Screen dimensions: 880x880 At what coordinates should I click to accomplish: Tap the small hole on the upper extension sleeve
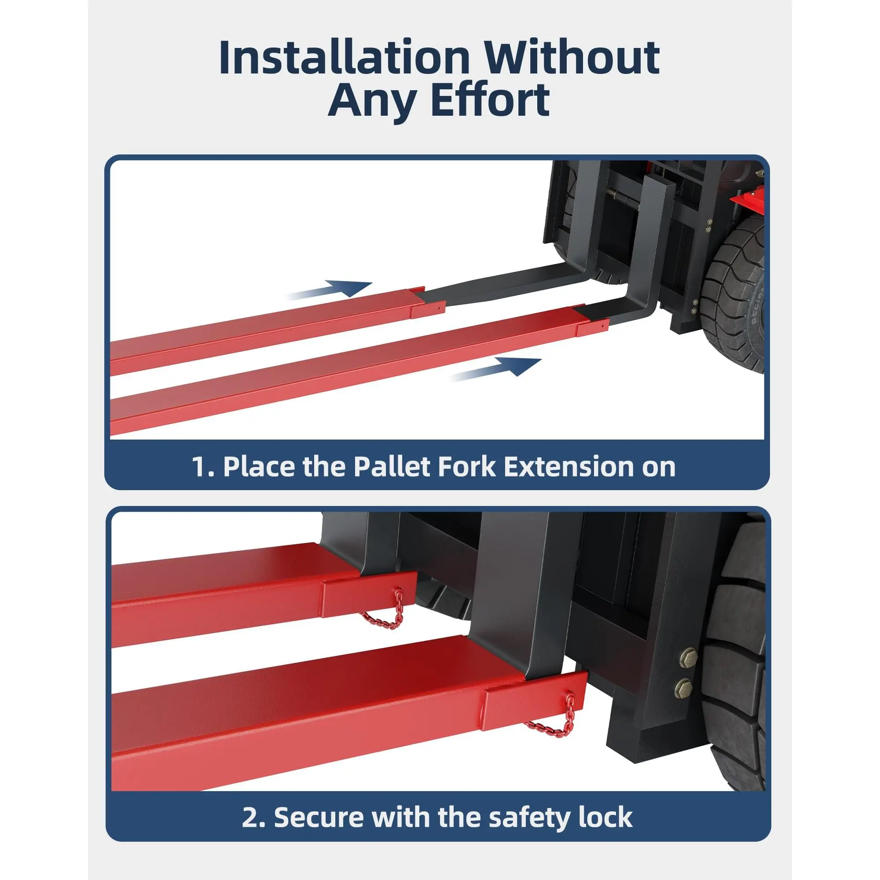click(438, 308)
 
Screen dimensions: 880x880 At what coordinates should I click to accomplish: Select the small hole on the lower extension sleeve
click(602, 326)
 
